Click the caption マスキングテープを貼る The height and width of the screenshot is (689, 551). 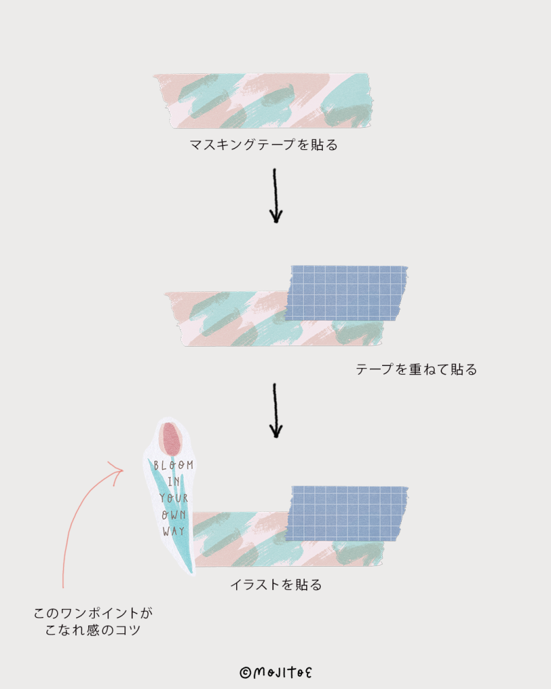tap(263, 145)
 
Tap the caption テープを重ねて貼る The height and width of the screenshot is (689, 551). tap(416, 369)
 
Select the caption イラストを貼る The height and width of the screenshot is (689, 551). tap(276, 585)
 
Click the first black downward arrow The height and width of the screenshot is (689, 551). tap(275, 196)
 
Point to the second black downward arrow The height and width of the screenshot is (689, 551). tap(275, 410)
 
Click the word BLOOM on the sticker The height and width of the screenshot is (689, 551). tap(173, 466)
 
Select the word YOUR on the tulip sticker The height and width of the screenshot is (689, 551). tap(173, 499)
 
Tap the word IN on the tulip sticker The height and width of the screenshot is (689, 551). tap(174, 482)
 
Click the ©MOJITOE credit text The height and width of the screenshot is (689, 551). tap(276, 672)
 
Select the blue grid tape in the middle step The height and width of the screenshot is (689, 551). tap(346, 293)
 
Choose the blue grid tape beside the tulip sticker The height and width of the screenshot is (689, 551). tap(347, 513)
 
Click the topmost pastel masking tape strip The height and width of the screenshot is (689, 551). tap(263, 100)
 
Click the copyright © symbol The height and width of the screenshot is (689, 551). tap(246, 672)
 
